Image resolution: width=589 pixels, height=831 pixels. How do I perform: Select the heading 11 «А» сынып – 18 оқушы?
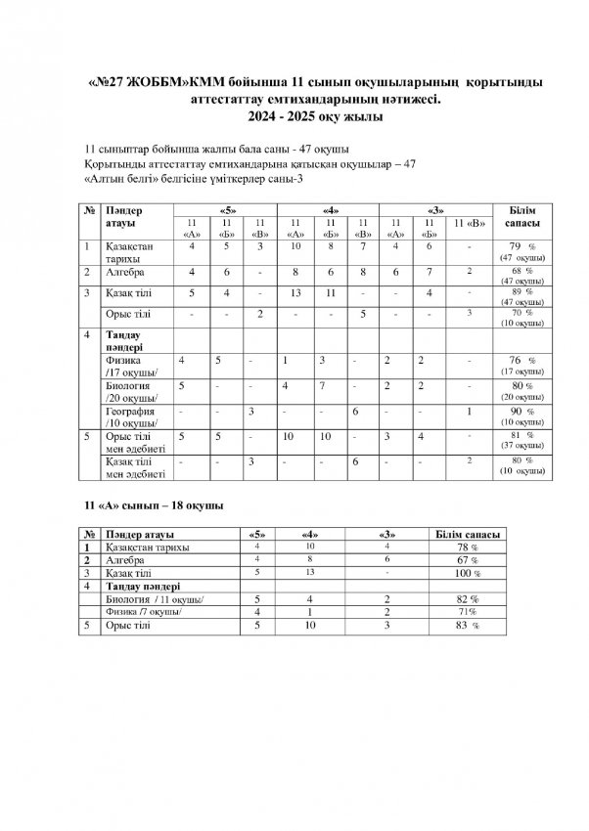pyautogui.click(x=149, y=507)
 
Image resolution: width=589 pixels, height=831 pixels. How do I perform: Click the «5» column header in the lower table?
pyautogui.click(x=257, y=535)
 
